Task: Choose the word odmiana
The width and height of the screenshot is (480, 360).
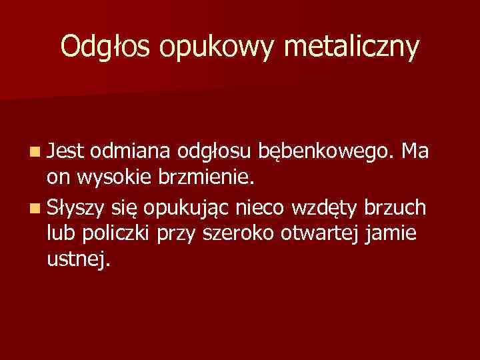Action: tap(132, 153)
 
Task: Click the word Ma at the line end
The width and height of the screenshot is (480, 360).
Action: tap(420, 153)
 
